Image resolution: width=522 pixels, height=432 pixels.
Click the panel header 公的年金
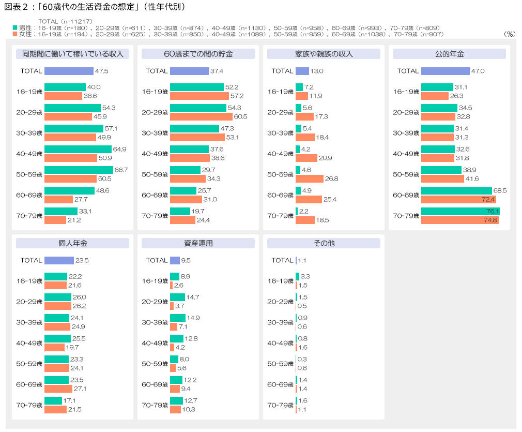449,54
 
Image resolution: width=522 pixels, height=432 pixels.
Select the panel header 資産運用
198,243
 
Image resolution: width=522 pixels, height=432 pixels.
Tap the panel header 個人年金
72,243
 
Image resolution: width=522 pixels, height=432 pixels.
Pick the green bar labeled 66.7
79,170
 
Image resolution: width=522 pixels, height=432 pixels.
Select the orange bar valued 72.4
458,199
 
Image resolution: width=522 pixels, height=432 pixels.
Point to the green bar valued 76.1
460,211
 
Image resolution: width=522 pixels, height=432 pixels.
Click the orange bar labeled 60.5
201,116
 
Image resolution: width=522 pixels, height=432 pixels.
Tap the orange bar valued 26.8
309,178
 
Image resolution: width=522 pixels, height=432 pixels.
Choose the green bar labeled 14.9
177,318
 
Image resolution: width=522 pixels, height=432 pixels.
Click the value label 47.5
102,71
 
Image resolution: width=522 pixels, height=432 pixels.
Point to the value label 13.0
317,71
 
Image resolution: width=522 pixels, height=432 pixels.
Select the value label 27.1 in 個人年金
80,389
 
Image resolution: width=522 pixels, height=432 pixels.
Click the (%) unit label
509,34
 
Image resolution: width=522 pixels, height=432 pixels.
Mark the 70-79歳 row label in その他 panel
280,405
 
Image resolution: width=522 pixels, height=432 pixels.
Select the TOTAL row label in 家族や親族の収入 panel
282,71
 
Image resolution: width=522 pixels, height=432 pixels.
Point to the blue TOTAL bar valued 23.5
59,260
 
